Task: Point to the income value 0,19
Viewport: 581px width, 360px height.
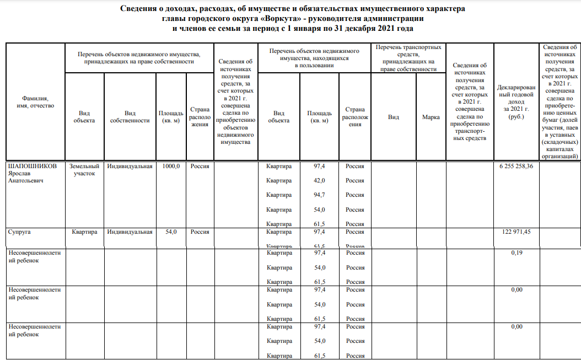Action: coord(517,253)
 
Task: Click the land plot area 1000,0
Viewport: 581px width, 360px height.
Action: coord(171,166)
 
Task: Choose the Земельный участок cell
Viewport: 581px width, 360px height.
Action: coord(84,169)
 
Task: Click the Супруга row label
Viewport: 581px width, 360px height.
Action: coord(20,232)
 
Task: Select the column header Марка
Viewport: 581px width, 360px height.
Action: coord(431,117)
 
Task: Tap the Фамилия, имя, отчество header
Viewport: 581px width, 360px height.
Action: coord(35,101)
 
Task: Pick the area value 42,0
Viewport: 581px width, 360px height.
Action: coord(319,181)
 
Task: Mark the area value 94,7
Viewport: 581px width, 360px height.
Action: coord(319,195)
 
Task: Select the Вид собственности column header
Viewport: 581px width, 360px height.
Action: coord(130,117)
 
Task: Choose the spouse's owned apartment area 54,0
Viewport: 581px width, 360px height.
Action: coord(171,232)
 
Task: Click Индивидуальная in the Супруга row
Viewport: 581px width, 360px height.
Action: coord(130,232)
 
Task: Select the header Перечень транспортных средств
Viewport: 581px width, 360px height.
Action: coord(408,58)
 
